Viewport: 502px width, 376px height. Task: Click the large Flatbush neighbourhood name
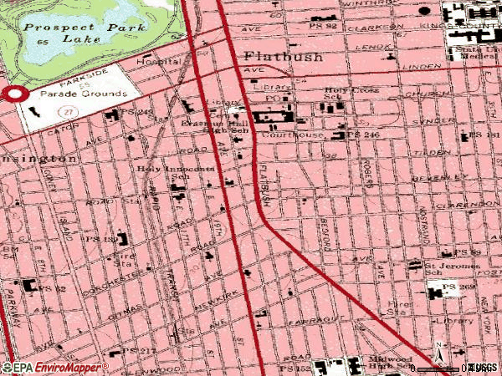click(x=276, y=57)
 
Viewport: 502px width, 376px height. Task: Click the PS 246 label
click(x=365, y=134)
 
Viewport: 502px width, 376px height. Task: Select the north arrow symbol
click(x=437, y=351)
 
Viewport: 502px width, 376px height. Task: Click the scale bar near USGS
click(x=443, y=368)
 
